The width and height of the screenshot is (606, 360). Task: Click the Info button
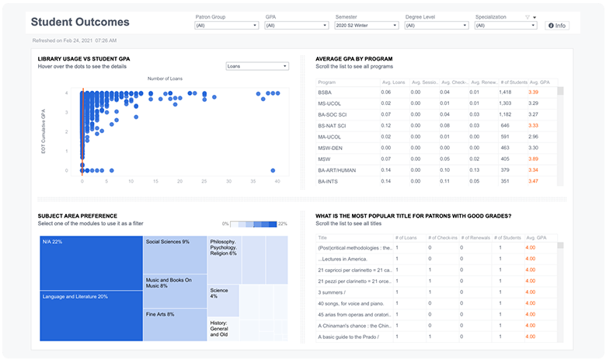tap(556, 26)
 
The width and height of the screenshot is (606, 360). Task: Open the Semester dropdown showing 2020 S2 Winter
tap(366, 26)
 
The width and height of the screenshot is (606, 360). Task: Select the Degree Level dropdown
tap(436, 26)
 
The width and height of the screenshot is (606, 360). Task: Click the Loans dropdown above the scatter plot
tap(256, 66)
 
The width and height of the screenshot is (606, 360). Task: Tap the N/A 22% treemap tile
tap(91, 263)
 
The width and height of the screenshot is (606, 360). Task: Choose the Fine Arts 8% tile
tap(175, 319)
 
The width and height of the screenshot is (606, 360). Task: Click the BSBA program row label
tap(325, 92)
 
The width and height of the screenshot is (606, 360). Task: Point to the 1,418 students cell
tap(505, 92)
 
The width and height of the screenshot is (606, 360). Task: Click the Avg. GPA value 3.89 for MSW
tap(533, 159)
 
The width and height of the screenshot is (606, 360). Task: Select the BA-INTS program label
tap(329, 181)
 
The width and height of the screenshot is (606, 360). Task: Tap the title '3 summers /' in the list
tap(335, 292)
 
